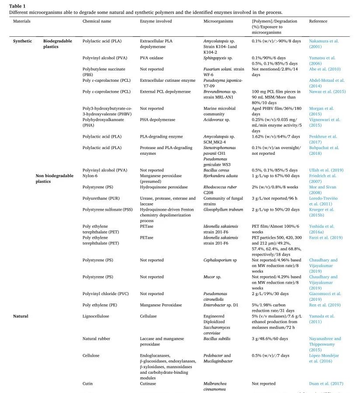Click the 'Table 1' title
point(17,6)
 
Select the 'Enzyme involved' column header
point(156,21)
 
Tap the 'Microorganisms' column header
point(218,21)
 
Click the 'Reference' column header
point(318,21)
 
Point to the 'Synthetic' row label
point(22,41)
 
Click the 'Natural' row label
point(21,316)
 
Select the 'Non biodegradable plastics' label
point(54,178)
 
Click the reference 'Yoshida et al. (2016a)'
point(322,229)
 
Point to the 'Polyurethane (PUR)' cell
point(101,198)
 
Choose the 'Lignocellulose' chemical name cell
point(96,316)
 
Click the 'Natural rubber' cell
point(96,338)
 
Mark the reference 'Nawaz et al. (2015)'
point(327,92)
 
